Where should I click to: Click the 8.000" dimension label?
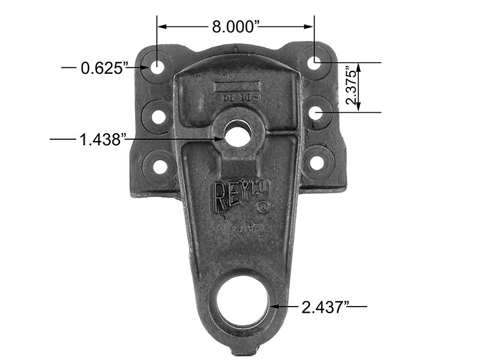click(236, 26)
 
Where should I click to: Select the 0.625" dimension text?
click(105, 68)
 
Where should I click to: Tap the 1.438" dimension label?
click(102, 140)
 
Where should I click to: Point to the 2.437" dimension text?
click(325, 307)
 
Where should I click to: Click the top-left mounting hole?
click(157, 67)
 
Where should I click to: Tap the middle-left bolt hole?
click(158, 115)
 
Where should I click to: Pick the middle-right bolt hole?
click(316, 112)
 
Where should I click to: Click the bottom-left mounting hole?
click(159, 163)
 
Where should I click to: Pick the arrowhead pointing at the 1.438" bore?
click(221, 139)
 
